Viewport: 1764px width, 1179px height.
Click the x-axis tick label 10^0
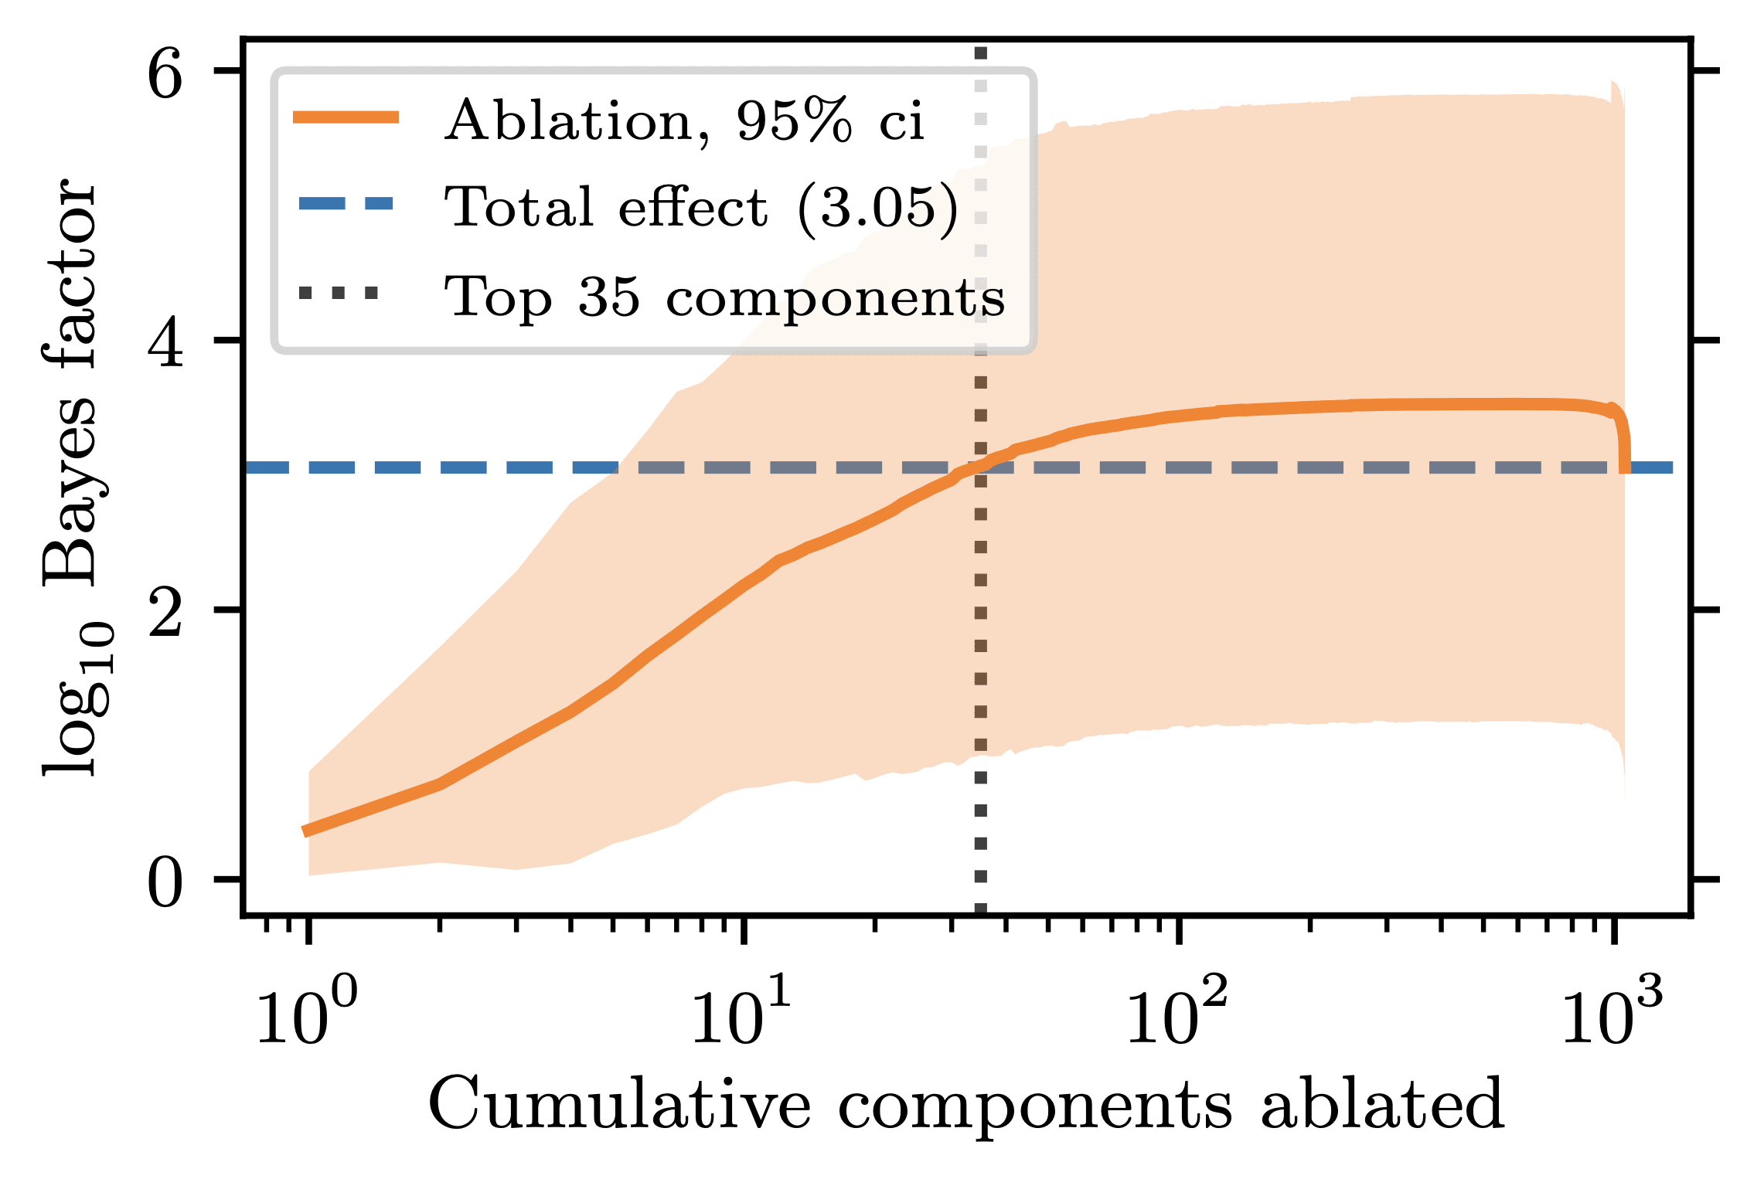point(307,1016)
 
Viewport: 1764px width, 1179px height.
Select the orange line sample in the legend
point(346,117)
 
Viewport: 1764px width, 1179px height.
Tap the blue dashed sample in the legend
point(346,205)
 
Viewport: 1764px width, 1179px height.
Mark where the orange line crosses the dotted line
point(980,464)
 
